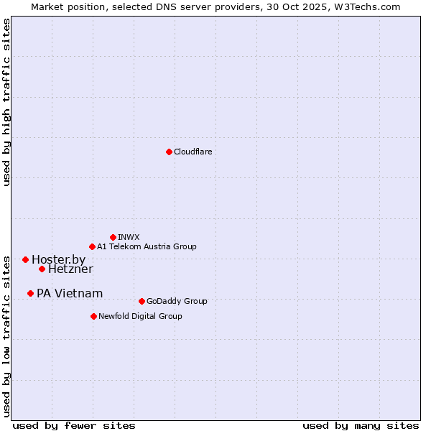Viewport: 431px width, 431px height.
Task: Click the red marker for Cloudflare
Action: pos(169,152)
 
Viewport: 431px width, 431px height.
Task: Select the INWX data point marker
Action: pos(113,237)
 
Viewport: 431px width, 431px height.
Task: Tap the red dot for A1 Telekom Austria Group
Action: pos(92,246)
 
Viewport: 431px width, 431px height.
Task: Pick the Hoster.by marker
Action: pos(25,259)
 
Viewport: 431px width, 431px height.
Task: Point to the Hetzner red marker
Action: pos(42,269)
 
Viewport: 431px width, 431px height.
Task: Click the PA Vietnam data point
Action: pos(30,293)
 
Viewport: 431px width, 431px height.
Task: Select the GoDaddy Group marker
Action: pos(142,301)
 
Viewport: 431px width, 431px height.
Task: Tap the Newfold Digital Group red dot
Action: pos(93,316)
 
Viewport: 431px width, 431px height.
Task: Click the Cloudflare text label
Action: pos(193,152)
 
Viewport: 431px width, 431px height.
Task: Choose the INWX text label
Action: pos(129,237)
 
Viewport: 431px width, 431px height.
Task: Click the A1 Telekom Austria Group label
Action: pos(147,246)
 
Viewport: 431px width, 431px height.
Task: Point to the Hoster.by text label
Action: pos(58,259)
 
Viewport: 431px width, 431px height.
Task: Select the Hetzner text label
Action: pos(70,269)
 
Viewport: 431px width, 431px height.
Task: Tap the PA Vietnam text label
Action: pos(70,293)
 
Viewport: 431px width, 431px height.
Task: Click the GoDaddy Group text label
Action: pos(177,301)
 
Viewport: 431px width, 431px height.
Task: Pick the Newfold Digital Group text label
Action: pos(140,316)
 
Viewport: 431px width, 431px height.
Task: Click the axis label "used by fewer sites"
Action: pos(74,425)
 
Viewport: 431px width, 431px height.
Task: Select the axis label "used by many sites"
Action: pos(361,425)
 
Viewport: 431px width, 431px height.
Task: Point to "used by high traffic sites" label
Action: pos(6,102)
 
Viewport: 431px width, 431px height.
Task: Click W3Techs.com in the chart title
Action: pos(365,6)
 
